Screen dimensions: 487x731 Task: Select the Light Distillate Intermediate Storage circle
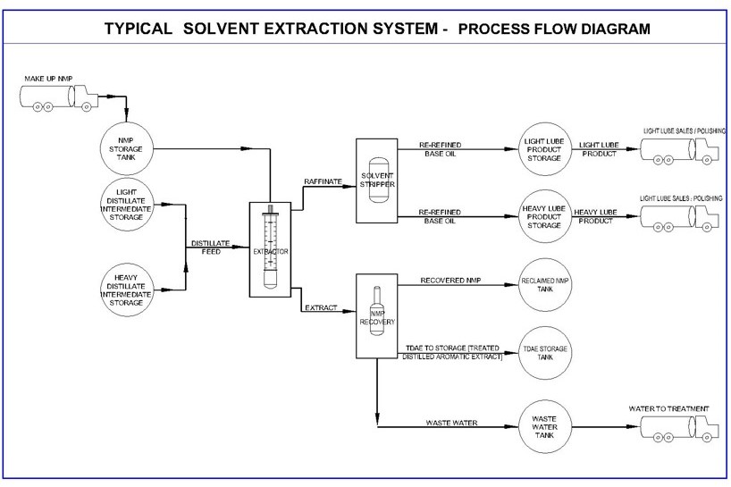pos(126,204)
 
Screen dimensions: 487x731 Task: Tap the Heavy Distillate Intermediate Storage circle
pos(126,290)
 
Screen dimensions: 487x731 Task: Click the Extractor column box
pos(271,251)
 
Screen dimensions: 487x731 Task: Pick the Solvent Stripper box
pos(377,180)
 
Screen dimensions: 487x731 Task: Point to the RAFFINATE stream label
pos(323,181)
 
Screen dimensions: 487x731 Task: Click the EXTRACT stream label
pos(321,308)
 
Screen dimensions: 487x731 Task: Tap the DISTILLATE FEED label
pos(211,248)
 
